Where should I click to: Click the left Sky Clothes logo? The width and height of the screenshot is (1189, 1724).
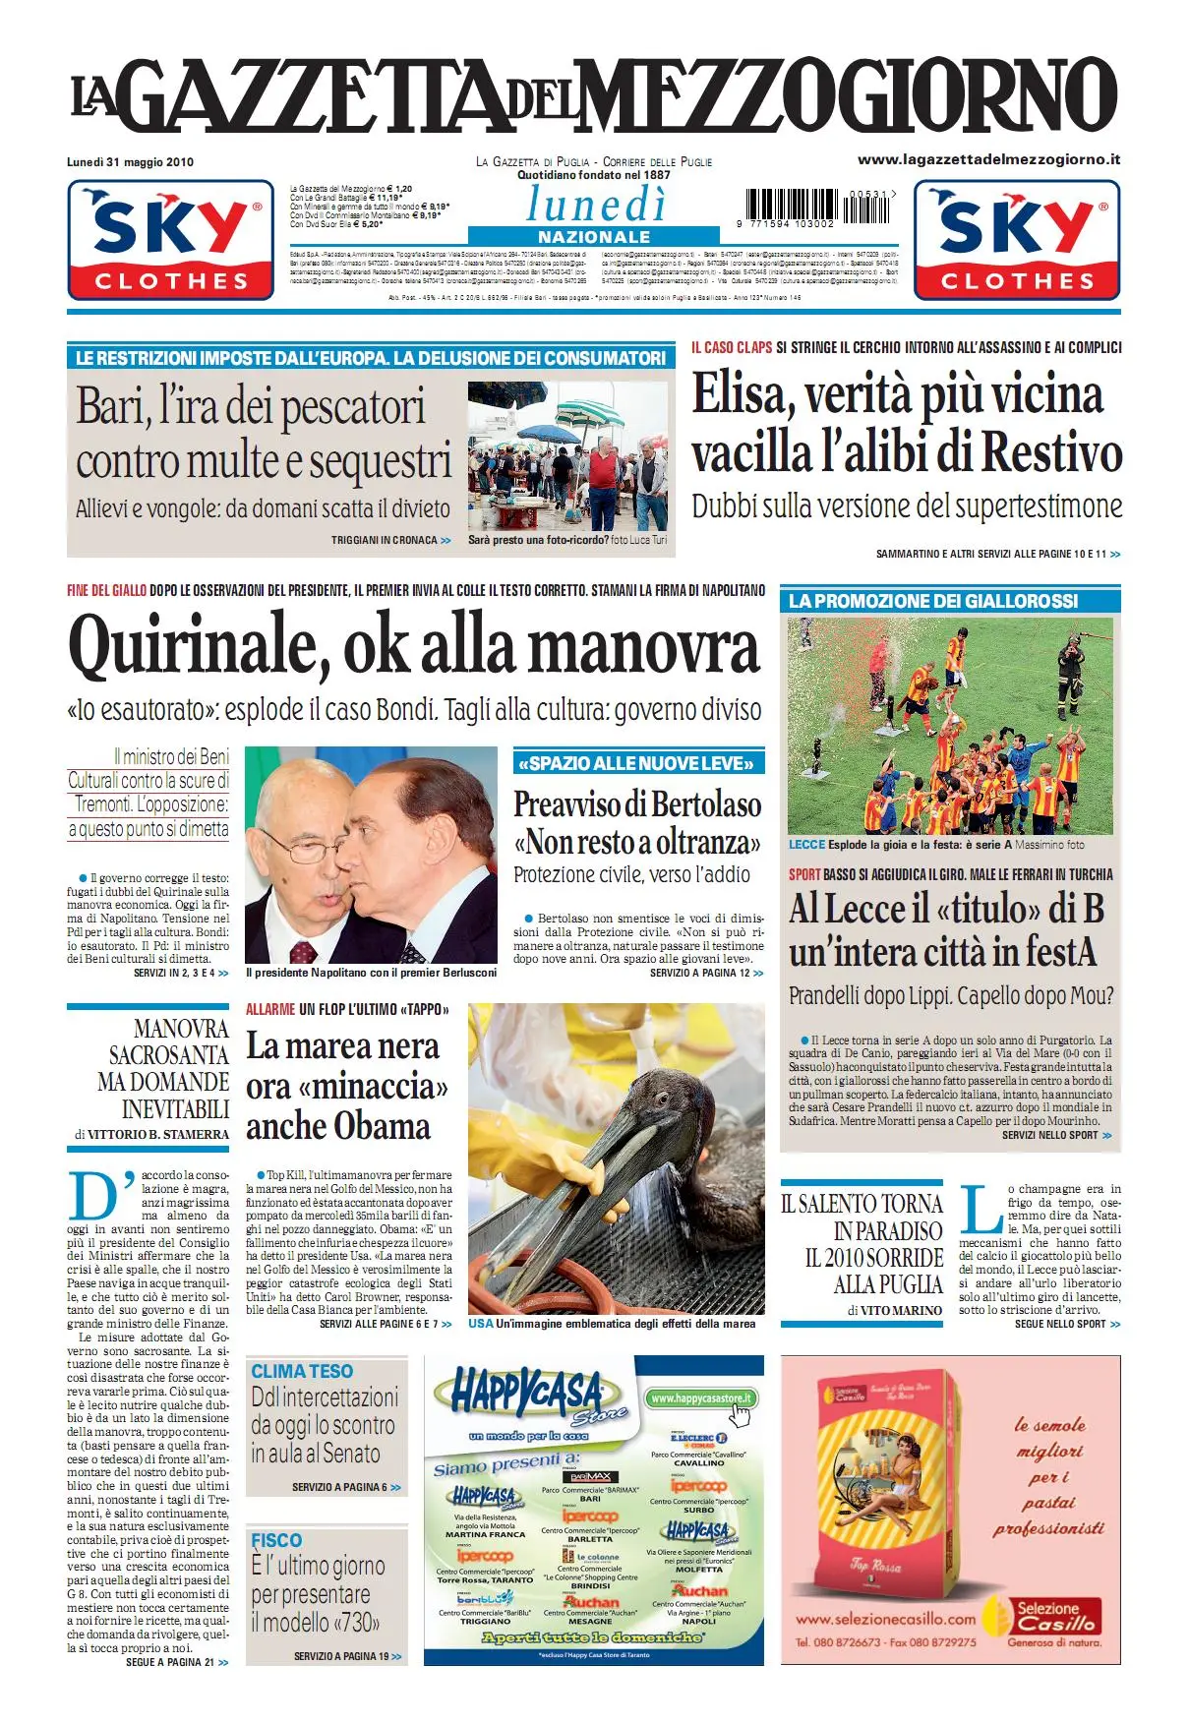(170, 240)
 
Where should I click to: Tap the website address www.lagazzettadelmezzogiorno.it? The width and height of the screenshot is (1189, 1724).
(988, 159)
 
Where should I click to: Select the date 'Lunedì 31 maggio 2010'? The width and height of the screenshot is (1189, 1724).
(130, 162)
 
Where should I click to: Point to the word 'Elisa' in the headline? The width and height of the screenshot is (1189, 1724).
(742, 395)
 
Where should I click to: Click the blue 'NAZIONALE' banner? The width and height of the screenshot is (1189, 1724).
(594, 237)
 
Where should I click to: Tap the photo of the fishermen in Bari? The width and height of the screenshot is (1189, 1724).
(567, 455)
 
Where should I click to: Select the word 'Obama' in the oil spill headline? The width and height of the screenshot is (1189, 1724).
(382, 1127)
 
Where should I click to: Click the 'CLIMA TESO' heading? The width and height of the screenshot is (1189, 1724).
(302, 1371)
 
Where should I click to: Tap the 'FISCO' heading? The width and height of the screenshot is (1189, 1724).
(276, 1540)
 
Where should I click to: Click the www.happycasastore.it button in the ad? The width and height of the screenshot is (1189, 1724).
(701, 1398)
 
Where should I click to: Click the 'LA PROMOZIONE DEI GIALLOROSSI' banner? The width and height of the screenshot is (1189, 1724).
(933, 601)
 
